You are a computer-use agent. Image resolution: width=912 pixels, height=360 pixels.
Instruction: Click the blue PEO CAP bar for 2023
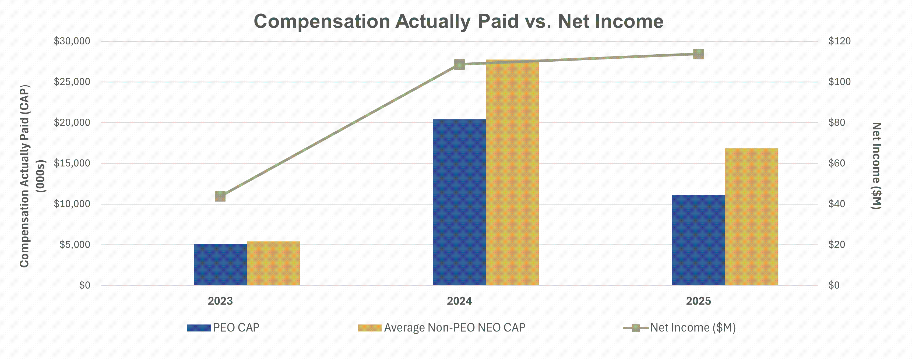220,264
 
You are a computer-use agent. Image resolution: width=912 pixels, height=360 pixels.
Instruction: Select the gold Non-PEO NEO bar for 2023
273,263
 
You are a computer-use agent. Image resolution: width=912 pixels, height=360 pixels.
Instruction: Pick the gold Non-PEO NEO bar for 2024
512,172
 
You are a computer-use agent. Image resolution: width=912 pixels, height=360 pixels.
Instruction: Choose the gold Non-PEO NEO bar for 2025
752,217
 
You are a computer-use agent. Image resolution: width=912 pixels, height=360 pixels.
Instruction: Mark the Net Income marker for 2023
220,196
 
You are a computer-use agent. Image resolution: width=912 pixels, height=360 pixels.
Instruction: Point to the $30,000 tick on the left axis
72,41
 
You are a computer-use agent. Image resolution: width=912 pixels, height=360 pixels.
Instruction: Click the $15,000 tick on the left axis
72,163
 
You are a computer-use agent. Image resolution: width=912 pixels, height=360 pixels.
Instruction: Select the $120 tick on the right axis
839,41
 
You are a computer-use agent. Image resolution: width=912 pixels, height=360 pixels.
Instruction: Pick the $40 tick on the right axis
837,204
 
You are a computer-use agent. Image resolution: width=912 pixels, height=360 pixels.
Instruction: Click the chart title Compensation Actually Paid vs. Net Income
459,21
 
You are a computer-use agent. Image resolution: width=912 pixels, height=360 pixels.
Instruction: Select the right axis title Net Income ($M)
876,166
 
